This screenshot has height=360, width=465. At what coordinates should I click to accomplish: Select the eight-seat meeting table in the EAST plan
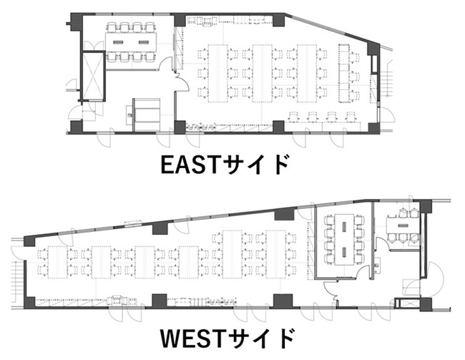pos(131,42)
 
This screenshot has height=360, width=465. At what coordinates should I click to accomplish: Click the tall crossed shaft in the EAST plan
pos(93,77)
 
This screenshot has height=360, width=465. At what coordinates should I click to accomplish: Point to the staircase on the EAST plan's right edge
pos(386,78)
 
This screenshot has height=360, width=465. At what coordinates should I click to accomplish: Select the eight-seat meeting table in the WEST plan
pos(344,239)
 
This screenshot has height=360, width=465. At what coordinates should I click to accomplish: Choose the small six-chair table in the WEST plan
pos(402,225)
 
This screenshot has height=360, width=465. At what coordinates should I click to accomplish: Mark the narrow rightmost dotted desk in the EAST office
pos(343,73)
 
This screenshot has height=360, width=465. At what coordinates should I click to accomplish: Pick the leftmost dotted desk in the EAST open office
pos(217,73)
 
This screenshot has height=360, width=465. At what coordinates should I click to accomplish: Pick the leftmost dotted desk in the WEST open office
pos(57,263)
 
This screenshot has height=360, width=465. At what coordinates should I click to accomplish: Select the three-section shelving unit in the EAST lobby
pos(146,115)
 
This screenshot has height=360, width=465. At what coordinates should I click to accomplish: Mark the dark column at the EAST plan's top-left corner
pos(77,21)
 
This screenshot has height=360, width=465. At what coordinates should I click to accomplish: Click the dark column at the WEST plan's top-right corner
pos(426,206)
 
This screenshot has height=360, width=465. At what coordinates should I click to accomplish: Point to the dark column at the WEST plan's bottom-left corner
pos(29,303)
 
